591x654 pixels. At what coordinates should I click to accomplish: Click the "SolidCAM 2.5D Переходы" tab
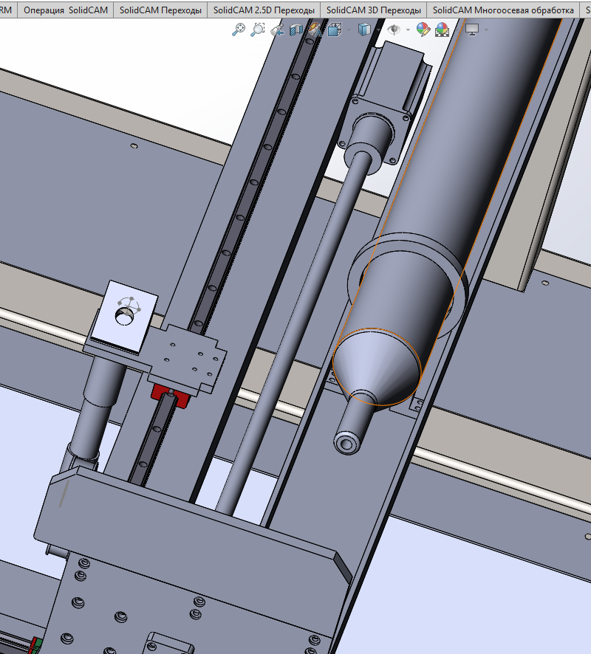click(264, 10)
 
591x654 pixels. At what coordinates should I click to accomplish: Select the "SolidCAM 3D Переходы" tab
click(374, 10)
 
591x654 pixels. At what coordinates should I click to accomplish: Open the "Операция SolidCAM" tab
click(66, 10)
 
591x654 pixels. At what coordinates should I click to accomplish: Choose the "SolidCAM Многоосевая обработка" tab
click(503, 10)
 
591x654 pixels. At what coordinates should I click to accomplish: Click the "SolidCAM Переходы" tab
click(161, 10)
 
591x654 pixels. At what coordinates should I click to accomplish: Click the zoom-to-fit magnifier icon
click(239, 30)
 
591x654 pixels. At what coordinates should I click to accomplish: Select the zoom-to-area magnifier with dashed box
click(258, 30)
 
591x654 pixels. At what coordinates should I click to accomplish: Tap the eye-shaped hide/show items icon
click(394, 30)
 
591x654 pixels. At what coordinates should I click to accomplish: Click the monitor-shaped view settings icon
click(471, 30)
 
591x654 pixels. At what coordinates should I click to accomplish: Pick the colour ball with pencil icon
click(423, 30)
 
